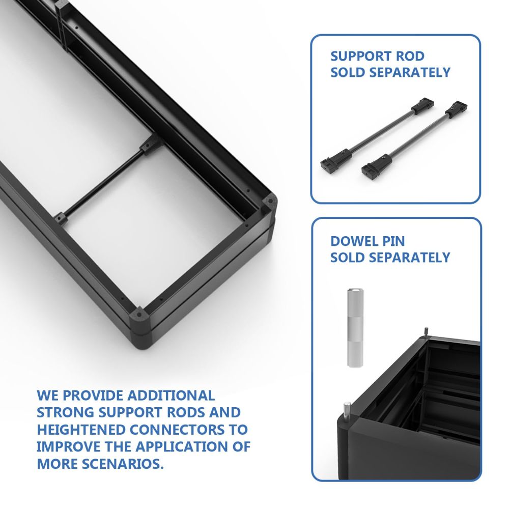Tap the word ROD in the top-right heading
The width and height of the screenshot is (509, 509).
pos(410,56)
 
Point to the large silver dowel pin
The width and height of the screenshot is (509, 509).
pos(355,327)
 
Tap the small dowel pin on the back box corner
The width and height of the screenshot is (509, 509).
pos(426,332)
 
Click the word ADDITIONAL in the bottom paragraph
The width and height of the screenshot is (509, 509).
pos(171,395)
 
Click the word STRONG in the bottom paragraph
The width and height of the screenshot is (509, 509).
pos(65,412)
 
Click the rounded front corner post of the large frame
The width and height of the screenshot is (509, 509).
pos(140,328)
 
